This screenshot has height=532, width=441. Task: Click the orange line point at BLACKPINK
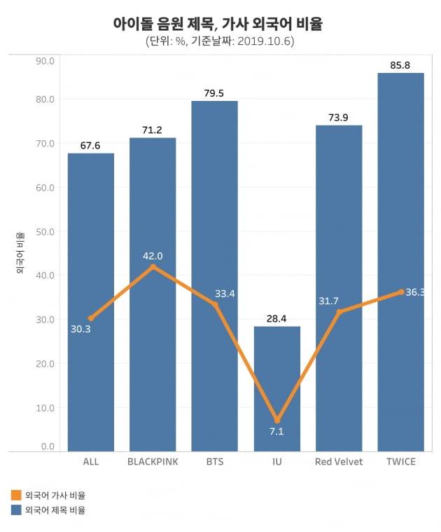coord(153,266)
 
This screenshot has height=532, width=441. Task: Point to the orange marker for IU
coord(276,420)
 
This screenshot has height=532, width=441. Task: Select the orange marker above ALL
coord(91,318)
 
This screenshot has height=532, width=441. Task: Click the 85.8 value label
coord(400,65)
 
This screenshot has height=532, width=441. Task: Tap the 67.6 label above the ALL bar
coord(91,146)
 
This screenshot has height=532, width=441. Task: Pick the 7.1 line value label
coord(276,432)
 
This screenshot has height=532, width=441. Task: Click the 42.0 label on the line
coord(153,256)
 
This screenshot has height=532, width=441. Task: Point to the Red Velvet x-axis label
coord(339,462)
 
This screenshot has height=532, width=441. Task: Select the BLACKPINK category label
coord(153,462)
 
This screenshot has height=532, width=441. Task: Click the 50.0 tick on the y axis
coord(45,231)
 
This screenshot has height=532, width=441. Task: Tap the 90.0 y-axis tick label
coord(45,61)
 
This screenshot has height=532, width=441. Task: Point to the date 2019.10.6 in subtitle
coord(263,41)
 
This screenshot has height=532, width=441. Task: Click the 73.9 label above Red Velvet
coord(339,117)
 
